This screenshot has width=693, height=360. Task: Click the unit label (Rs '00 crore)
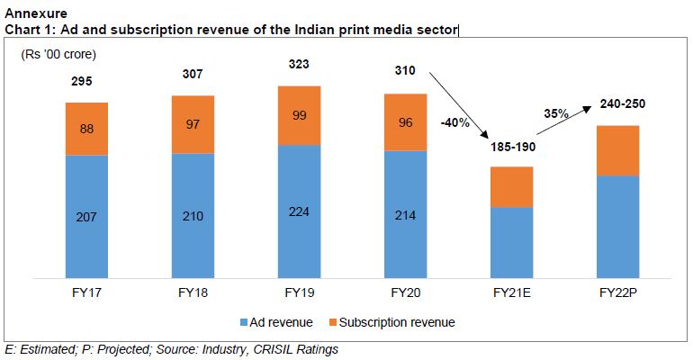(x=58, y=55)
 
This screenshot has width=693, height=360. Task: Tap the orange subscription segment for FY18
(x=193, y=124)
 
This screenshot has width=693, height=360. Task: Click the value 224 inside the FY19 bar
(x=299, y=215)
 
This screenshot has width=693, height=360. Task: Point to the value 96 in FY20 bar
(x=405, y=123)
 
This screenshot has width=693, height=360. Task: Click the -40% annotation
(x=454, y=122)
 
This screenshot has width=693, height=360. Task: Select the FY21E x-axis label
(x=511, y=293)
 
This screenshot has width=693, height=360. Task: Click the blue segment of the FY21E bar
(x=511, y=243)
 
